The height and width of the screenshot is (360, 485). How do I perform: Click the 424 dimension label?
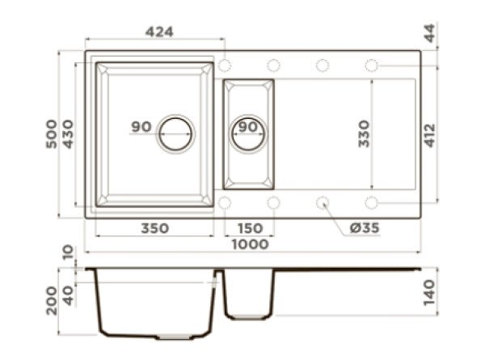[x=159, y=32]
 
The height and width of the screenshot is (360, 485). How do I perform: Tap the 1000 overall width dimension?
[x=250, y=244]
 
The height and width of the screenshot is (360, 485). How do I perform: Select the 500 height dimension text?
[x=52, y=134]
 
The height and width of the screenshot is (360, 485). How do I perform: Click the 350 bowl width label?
[x=155, y=228]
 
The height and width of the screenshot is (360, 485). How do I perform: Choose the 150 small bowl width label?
[x=250, y=228]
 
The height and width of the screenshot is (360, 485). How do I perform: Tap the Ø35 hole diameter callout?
[x=365, y=228]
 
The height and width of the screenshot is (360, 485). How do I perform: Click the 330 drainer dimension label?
[x=364, y=133]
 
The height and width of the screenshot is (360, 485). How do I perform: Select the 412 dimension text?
[x=429, y=136]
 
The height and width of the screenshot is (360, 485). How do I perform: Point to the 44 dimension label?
[x=429, y=33]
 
